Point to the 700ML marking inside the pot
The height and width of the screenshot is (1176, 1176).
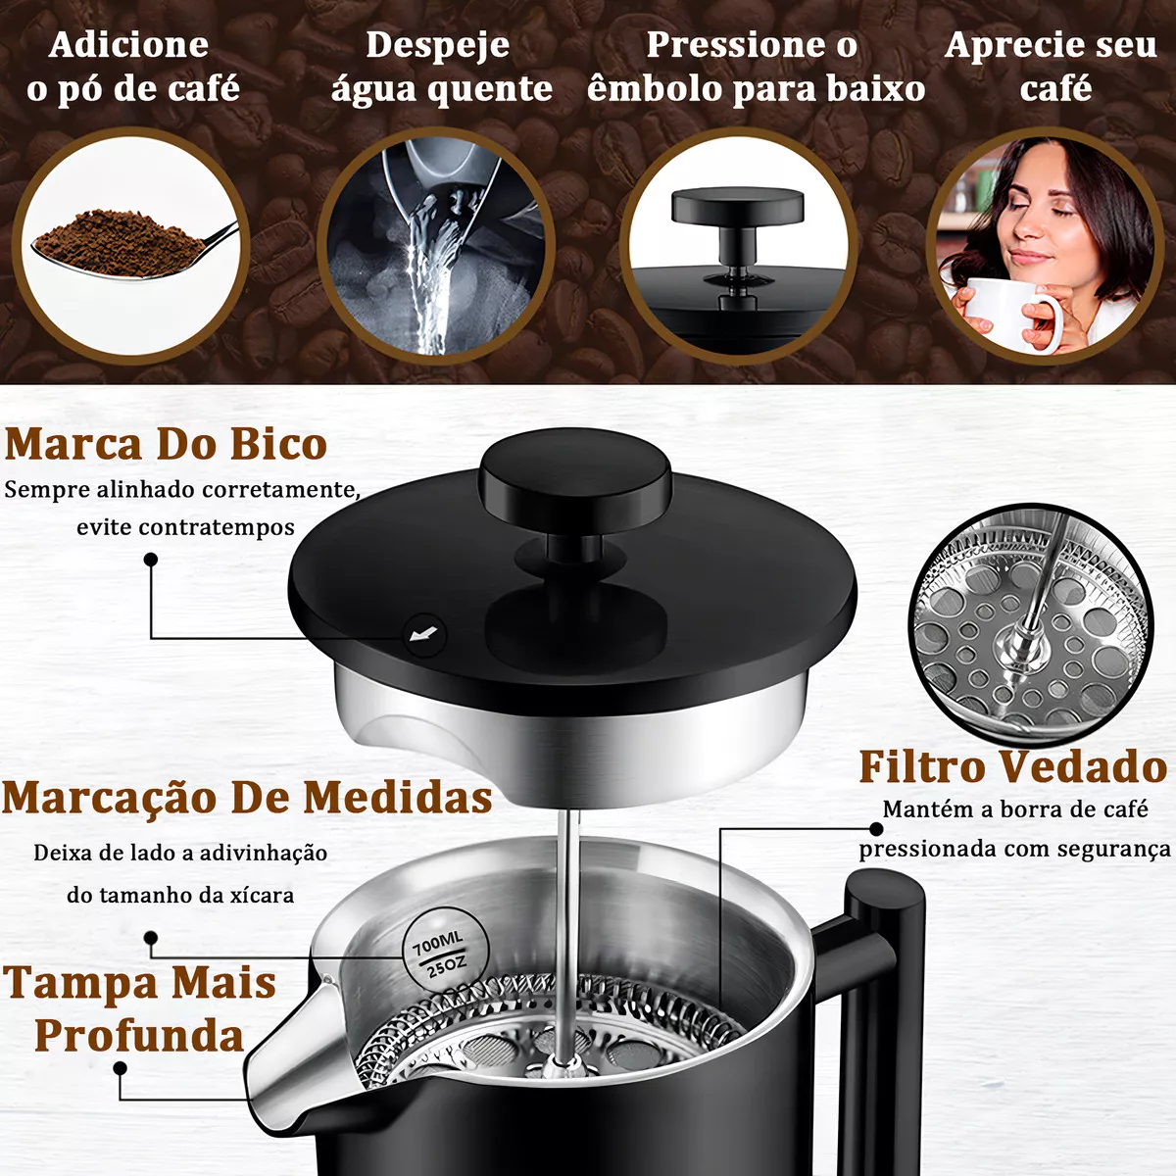click(x=437, y=943)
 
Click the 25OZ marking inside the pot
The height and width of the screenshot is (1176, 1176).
click(x=446, y=967)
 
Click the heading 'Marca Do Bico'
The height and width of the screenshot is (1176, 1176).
click(x=166, y=444)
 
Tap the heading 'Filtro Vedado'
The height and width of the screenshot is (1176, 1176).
click(x=1012, y=766)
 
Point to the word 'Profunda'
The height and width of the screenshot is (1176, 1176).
click(x=139, y=1036)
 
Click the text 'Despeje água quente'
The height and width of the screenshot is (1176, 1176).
click(x=440, y=67)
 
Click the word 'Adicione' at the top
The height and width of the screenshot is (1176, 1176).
click(x=128, y=45)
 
